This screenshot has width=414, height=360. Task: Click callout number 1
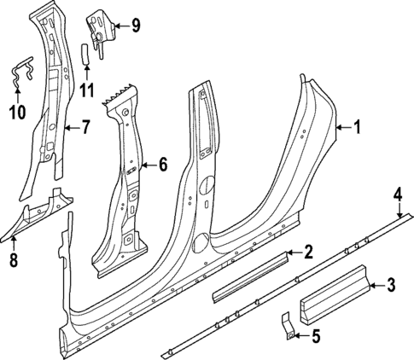pyautogui.click(x=357, y=128)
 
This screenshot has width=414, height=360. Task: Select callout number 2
pyautogui.click(x=308, y=252)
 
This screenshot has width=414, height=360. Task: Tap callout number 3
pyautogui.click(x=390, y=285)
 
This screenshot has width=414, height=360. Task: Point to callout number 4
pyautogui.click(x=397, y=194)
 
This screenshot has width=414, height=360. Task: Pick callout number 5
pyautogui.click(x=315, y=336)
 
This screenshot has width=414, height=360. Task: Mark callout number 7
pyautogui.click(x=85, y=130)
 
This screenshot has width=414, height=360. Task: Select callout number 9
pyautogui.click(x=135, y=26)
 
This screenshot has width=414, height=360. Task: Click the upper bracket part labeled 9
pyautogui.click(x=101, y=30)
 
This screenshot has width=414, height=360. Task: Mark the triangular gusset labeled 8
pyautogui.click(x=38, y=212)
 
